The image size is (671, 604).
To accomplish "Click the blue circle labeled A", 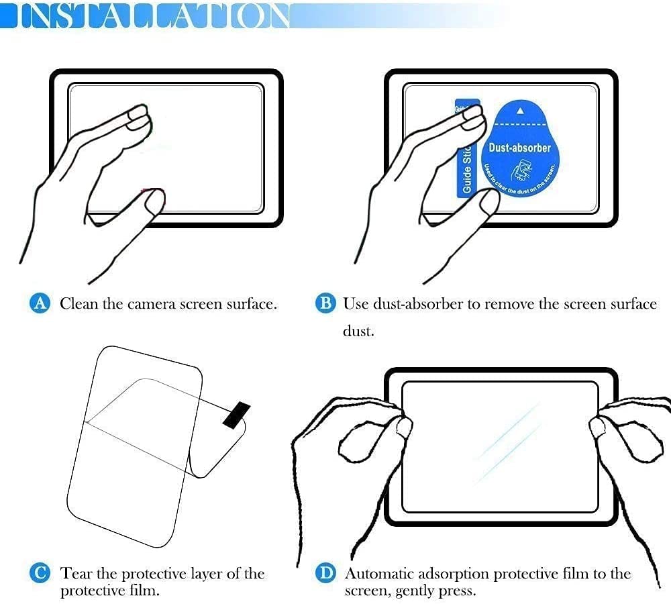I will tap(41, 304).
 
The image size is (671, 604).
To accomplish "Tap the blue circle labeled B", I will tap(325, 304).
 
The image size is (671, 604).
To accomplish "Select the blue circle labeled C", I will tap(41, 574).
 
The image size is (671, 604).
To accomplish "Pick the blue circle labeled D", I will tap(325, 574).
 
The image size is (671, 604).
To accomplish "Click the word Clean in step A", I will tap(79, 304).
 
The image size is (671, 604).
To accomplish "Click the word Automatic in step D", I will tap(379, 574).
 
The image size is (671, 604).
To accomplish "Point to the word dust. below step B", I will tap(358, 332).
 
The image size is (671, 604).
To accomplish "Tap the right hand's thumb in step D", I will tap(597, 426).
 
